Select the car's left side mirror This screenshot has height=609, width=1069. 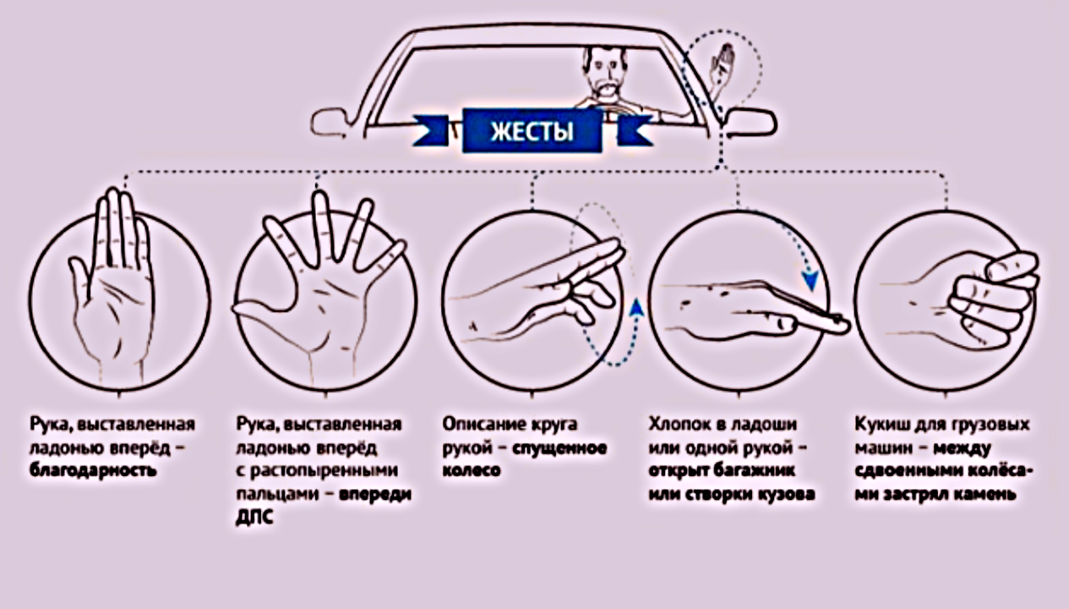coord(331,123)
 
